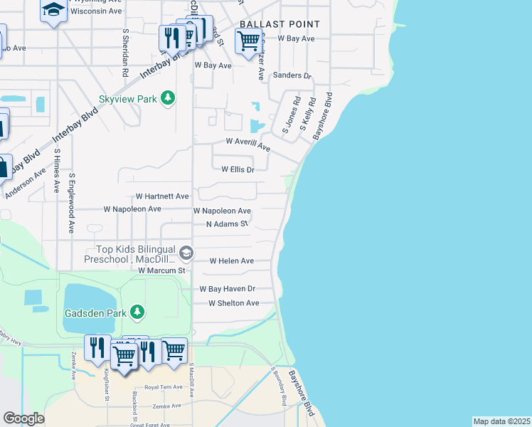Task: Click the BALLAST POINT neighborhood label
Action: (280, 24)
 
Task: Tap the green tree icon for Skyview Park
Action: (168, 97)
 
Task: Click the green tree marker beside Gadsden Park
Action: (137, 312)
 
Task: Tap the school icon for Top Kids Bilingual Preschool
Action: (186, 253)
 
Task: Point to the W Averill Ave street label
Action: (248, 144)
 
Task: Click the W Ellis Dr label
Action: (238, 170)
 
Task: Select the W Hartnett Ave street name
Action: (162, 196)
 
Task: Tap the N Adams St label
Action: (227, 224)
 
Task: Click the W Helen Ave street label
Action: (231, 261)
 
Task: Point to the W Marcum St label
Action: (161, 270)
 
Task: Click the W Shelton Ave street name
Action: (233, 303)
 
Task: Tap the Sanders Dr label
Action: (292, 75)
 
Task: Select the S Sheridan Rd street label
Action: (125, 53)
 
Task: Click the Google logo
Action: (23, 418)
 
